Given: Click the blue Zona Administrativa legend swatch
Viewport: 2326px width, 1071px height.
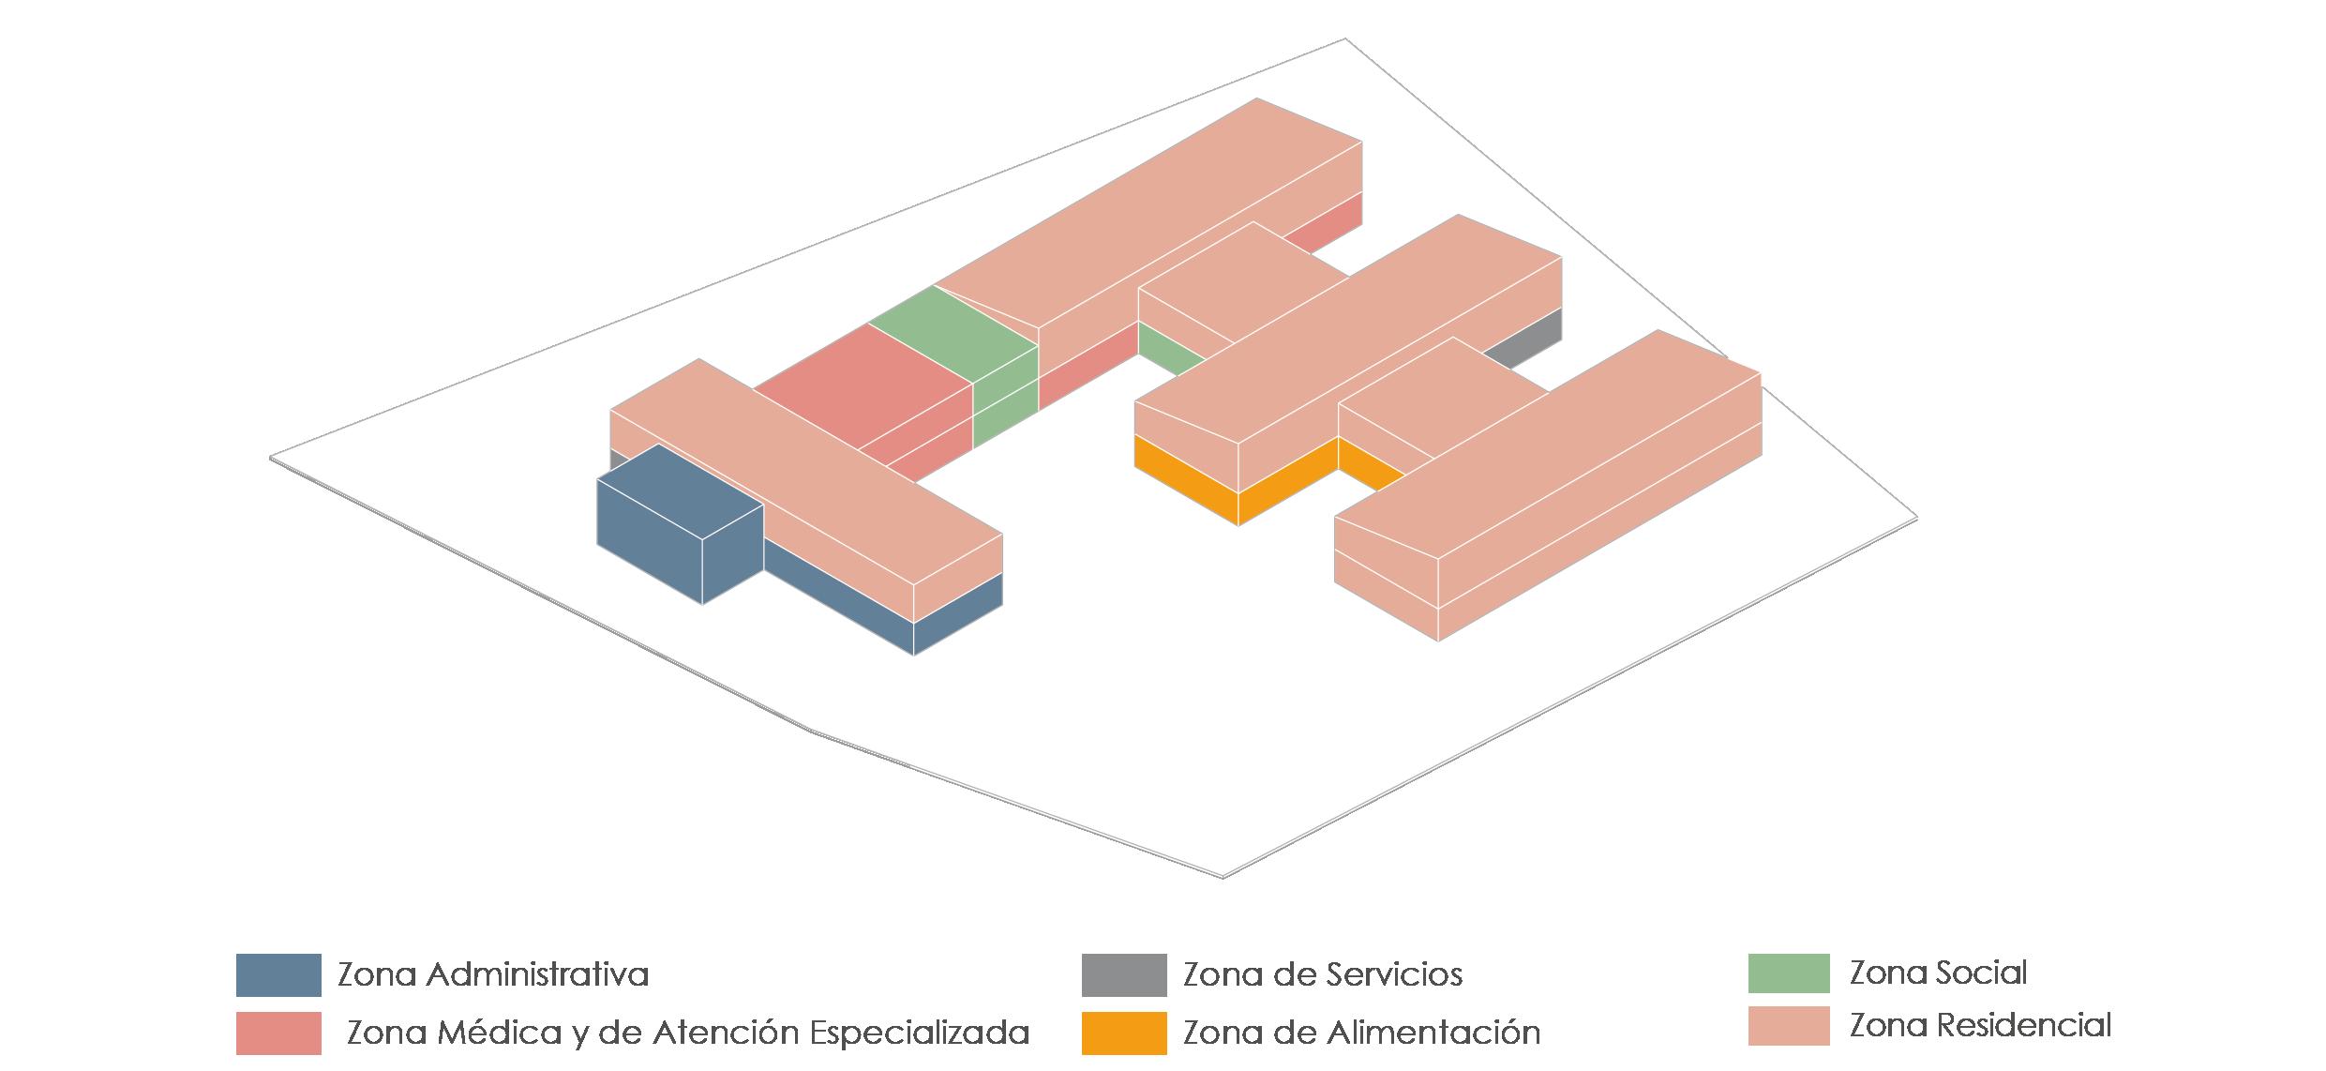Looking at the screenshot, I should point(278,974).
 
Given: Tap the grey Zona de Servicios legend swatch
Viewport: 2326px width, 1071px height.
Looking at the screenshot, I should point(1123,974).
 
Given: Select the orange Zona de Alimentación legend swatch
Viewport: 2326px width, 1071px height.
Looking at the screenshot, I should point(1123,1033).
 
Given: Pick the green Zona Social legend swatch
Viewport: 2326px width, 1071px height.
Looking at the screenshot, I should point(1788,973).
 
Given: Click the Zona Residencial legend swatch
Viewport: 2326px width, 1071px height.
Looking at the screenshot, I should point(1788,1025).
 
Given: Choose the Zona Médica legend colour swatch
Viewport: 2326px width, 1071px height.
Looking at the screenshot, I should point(278,1033).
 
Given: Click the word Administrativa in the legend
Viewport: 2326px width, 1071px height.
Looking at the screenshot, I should point(536,975).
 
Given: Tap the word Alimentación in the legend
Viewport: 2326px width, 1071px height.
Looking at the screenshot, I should point(1433,1033).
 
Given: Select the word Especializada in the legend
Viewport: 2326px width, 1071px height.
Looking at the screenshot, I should point(919,1033).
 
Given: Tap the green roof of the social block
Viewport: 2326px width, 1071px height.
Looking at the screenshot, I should point(952,324).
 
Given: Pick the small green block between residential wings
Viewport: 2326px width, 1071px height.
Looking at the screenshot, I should point(1167,349).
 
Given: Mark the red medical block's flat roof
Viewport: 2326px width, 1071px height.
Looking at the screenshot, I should point(863,380).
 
